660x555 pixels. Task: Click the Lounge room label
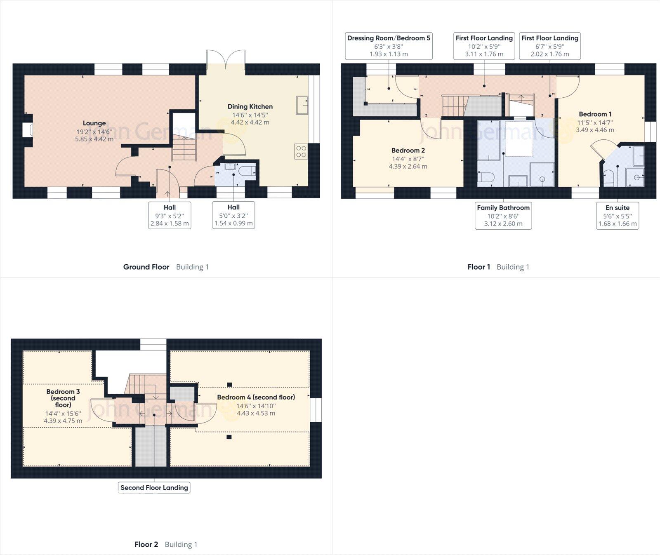(x=94, y=123)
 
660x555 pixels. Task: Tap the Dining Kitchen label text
(x=250, y=106)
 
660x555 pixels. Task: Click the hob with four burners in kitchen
(x=301, y=151)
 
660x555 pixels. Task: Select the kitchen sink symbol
(x=302, y=105)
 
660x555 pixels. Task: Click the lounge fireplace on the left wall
(x=28, y=130)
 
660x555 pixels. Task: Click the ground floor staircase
(x=184, y=149)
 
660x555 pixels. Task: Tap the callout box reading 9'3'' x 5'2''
(x=170, y=215)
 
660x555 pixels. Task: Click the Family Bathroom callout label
(x=503, y=215)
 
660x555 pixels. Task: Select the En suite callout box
(x=618, y=215)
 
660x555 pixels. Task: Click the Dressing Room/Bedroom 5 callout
(x=389, y=46)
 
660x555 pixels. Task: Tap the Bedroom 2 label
(x=408, y=151)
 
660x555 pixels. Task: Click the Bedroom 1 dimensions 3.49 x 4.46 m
(x=595, y=130)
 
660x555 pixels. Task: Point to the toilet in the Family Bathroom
(x=486, y=177)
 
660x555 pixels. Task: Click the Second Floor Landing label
(x=154, y=487)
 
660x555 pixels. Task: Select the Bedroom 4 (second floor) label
(x=256, y=397)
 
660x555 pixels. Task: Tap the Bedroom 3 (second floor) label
(x=63, y=398)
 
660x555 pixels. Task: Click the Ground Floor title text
(x=146, y=267)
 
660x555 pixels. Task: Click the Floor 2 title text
(x=146, y=544)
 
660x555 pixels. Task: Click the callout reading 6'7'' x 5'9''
(x=549, y=46)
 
